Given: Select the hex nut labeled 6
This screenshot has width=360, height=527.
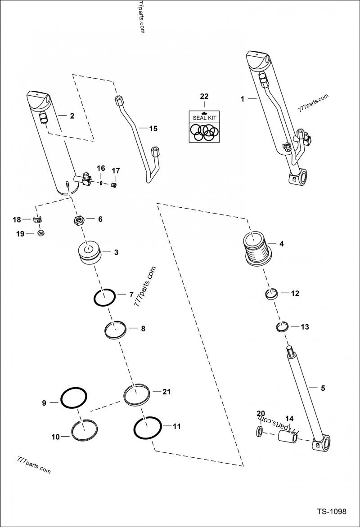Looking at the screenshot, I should pyautogui.click(x=80, y=220).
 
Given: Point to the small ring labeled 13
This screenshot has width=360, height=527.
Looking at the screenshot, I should pyautogui.click(x=282, y=326).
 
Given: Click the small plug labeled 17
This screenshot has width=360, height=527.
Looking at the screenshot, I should pyautogui.click(x=114, y=184).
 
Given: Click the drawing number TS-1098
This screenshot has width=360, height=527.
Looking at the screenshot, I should pyautogui.click(x=331, y=512).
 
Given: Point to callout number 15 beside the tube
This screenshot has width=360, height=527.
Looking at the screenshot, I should pyautogui.click(x=153, y=129).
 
